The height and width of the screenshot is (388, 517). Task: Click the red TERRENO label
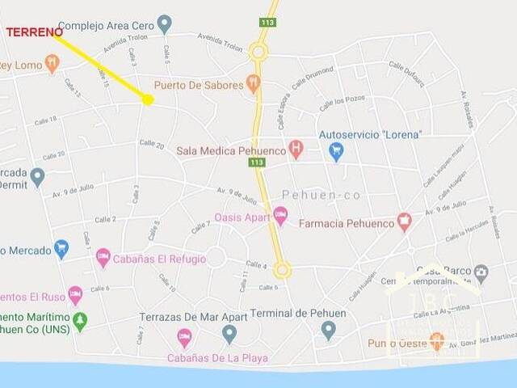tap(34, 32)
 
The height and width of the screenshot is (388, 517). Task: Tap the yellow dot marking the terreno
tap(148, 99)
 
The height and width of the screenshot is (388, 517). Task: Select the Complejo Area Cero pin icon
tap(165, 24)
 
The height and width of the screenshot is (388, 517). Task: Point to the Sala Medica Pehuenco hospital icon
tap(296, 149)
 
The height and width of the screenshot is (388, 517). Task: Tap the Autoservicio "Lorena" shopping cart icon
tap(336, 150)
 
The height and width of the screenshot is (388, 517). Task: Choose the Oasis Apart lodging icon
tap(280, 216)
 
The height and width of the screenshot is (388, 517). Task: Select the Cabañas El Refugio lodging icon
tap(103, 258)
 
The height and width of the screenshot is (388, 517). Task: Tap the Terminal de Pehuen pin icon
tap(328, 329)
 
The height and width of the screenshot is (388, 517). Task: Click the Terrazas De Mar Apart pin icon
tap(229, 332)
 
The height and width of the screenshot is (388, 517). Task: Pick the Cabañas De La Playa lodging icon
tap(185, 337)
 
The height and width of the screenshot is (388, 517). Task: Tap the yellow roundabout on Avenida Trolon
tap(258, 52)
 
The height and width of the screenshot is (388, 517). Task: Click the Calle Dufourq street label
tap(406, 73)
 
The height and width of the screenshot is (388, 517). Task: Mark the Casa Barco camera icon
tap(481, 272)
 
